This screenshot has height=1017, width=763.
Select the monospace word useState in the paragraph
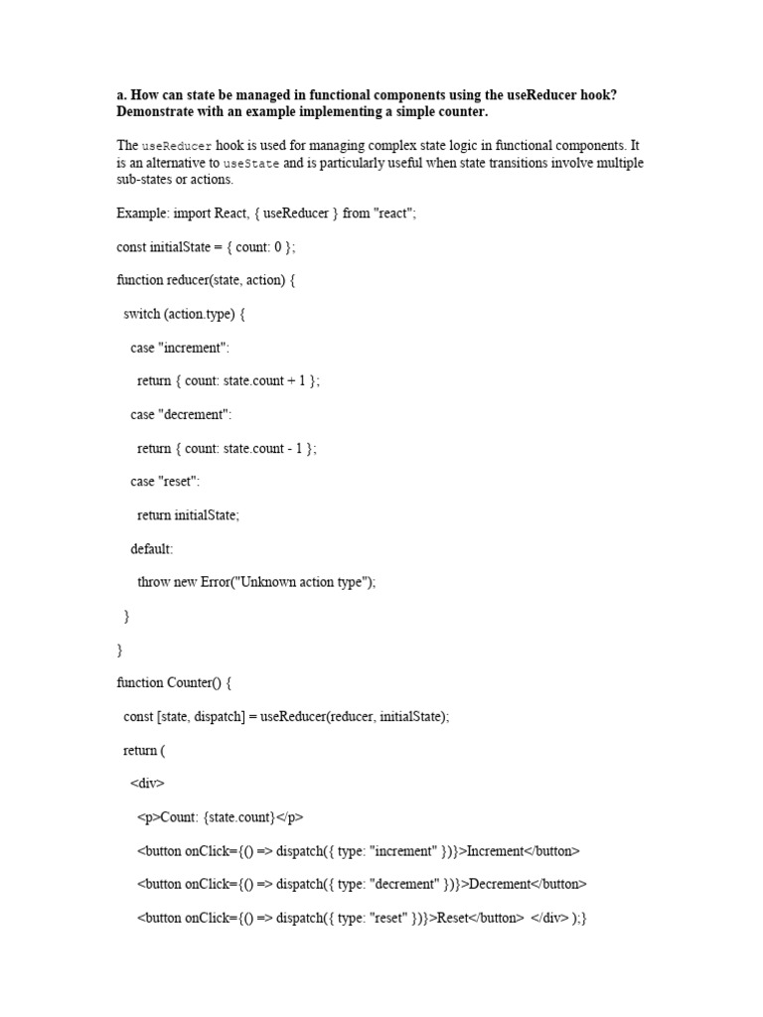251,164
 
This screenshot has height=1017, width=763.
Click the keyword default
151,548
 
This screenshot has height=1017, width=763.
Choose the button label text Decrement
503,884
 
